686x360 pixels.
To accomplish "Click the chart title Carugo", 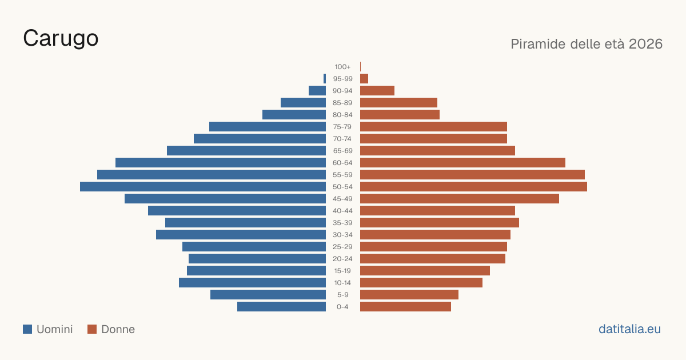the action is point(61,39).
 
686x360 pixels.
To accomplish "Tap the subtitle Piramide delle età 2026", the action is point(587,44).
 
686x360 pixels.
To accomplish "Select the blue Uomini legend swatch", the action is point(27,329).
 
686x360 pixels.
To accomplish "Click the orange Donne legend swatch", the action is point(92,329).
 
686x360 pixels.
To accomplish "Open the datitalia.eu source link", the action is point(629,329).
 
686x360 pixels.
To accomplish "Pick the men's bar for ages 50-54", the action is point(203,187).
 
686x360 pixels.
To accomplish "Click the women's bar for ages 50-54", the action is point(473,187).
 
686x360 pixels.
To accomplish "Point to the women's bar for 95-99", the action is point(364,79).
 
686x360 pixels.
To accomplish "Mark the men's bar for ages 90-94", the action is point(317,91).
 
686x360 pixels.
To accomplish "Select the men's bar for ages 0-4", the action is point(281,307).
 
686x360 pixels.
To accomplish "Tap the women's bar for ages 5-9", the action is point(409,295).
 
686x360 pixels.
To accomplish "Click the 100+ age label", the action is point(342,67).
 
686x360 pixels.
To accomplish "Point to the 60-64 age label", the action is point(342,163).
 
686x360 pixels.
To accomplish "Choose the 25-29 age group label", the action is point(342,247).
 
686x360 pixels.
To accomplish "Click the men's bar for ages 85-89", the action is point(303,102).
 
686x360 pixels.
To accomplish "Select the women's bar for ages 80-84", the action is point(400,115).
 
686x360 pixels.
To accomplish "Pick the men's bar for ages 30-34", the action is point(241,235).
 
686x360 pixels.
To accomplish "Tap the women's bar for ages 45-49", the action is point(460,199).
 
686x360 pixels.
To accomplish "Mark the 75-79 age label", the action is point(342,127).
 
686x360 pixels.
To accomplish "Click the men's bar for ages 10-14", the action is point(252,282).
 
